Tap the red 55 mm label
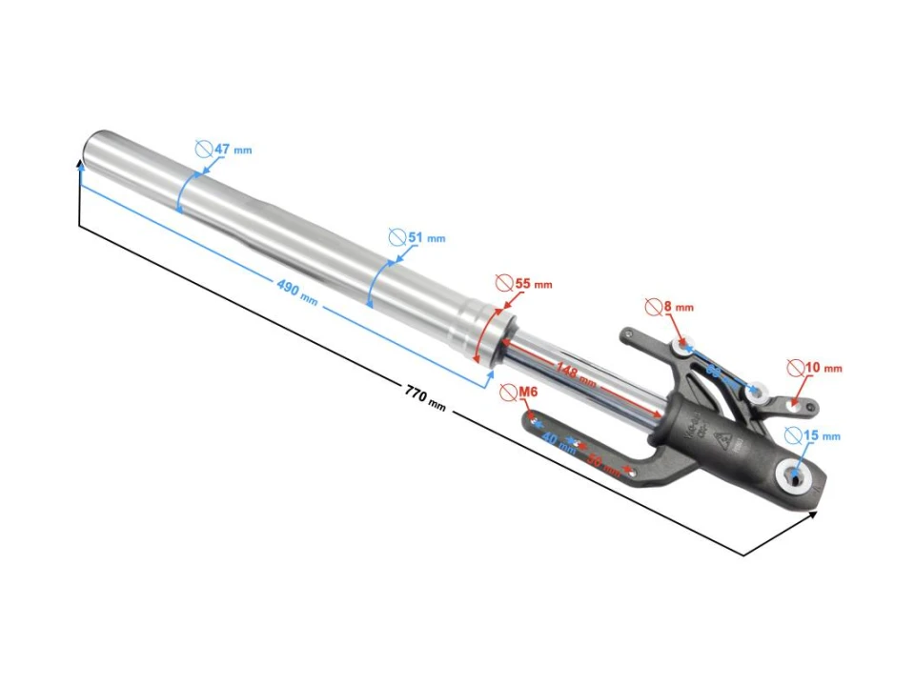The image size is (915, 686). click(533, 284)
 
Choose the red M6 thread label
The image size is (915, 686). click(528, 392)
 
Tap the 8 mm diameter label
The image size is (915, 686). click(678, 307)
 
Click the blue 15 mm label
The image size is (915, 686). click(822, 435)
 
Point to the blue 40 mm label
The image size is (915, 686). click(559, 443)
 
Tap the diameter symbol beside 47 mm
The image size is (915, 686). click(203, 149)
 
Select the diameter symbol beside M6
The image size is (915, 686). click(507, 392)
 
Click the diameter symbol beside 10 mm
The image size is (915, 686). click(795, 367)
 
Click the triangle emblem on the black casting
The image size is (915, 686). click(722, 439)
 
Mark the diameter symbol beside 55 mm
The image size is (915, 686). click(504, 283)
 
